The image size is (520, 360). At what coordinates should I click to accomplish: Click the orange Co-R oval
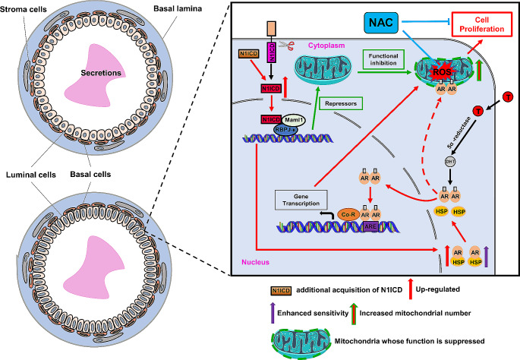coord(368,216)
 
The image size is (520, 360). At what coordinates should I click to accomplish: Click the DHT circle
coord(450,161)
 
